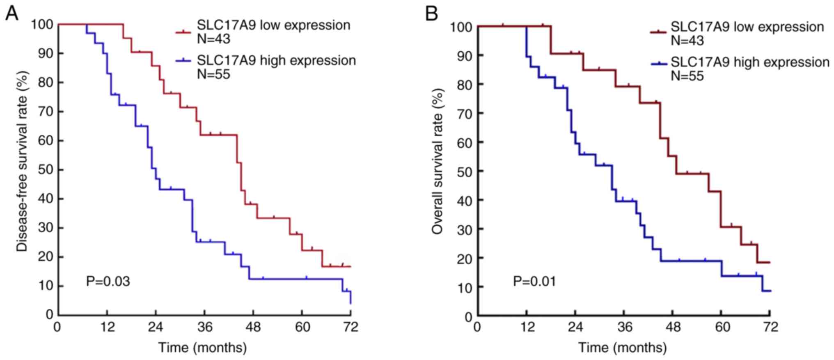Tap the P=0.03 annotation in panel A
tap(108, 281)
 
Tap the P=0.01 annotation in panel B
tap(535, 282)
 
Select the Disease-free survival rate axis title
tap(22, 162)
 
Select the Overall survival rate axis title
tap(438, 162)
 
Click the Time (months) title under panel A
tap(203, 347)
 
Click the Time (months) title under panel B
tap(622, 348)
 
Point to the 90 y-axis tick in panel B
tap(464, 55)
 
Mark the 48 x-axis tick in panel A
tap(253, 327)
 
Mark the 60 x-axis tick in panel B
tap(722, 328)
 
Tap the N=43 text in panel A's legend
tap(213, 39)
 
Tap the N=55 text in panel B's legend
tap(687, 76)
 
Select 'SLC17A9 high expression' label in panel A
tap(276, 60)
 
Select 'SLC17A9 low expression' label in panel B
tap(747, 27)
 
